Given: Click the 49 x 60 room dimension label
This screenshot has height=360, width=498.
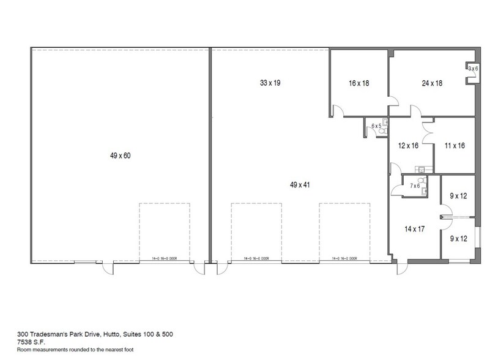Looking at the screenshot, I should pos(120,156).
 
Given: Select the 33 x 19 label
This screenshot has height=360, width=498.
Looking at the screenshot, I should pos(270,82).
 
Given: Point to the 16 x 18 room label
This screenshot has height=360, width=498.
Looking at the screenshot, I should pos(359,83).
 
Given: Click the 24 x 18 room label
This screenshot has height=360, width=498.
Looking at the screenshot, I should pos(431,83).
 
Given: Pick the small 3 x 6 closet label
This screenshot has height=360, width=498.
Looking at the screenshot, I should pos(472,69).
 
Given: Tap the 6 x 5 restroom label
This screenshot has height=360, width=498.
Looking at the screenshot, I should pos(377,126).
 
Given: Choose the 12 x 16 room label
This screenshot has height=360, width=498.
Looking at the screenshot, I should pos(408,146).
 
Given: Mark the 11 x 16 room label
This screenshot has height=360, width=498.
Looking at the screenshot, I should pos(455,146).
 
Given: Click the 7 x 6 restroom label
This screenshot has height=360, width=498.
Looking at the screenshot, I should pos(414,186).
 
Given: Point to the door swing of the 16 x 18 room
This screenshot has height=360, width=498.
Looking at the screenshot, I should pos(338,110).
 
